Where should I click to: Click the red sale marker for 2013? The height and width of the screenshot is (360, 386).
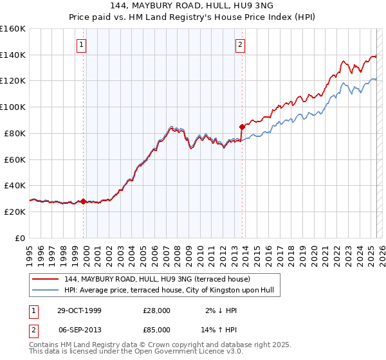coord(242,127)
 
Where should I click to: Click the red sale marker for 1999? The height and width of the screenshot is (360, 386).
coord(84,201)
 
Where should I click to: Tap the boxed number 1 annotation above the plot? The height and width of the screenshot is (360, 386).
coord(82,45)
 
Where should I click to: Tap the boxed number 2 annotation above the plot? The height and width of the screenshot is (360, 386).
coord(240,45)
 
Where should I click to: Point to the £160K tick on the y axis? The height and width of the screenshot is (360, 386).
coord(13,29)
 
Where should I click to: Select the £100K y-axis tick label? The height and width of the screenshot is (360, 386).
coord(13,107)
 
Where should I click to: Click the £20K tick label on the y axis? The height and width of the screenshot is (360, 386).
coord(15,212)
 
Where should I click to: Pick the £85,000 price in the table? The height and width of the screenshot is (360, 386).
coord(156,329)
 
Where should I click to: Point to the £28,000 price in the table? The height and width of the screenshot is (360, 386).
coord(156,310)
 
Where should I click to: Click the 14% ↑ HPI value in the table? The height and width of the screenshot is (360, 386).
coord(221,329)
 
